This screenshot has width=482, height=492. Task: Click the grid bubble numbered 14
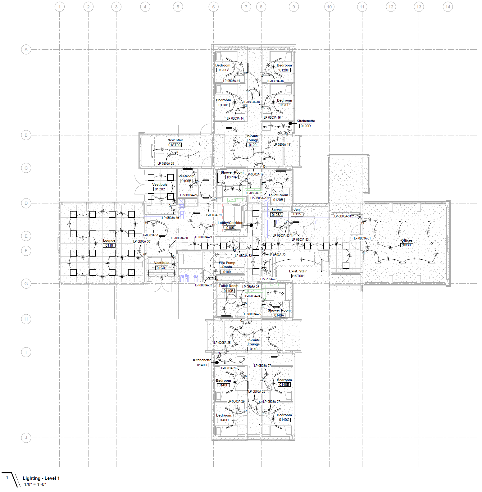(x=448, y=7)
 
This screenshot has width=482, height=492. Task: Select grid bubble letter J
(x=26, y=438)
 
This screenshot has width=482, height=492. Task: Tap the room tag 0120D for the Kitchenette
(x=306, y=126)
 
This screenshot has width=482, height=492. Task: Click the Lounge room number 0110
(x=109, y=245)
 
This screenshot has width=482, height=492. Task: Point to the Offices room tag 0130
(x=407, y=245)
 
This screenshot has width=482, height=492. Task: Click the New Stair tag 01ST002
(x=175, y=145)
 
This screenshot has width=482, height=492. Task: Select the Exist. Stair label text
(x=298, y=271)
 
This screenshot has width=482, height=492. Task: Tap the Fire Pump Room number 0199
(x=227, y=272)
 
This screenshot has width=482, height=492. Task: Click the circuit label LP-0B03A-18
(x=251, y=102)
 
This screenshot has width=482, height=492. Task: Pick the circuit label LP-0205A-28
(x=166, y=163)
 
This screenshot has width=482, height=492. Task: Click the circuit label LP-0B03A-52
(x=203, y=285)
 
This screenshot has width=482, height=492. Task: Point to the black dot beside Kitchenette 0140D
(x=217, y=362)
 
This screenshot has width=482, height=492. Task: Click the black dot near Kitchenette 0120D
(x=290, y=123)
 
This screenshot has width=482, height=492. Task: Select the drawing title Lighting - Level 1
(x=41, y=478)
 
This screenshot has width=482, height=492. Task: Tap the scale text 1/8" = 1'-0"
(x=35, y=484)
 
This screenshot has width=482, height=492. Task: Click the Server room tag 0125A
(x=276, y=215)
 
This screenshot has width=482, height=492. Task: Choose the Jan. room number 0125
(x=297, y=214)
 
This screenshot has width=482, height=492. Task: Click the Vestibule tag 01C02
(x=160, y=189)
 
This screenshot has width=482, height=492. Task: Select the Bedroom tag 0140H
(x=224, y=420)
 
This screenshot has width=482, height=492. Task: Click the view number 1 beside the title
(x=7, y=478)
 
